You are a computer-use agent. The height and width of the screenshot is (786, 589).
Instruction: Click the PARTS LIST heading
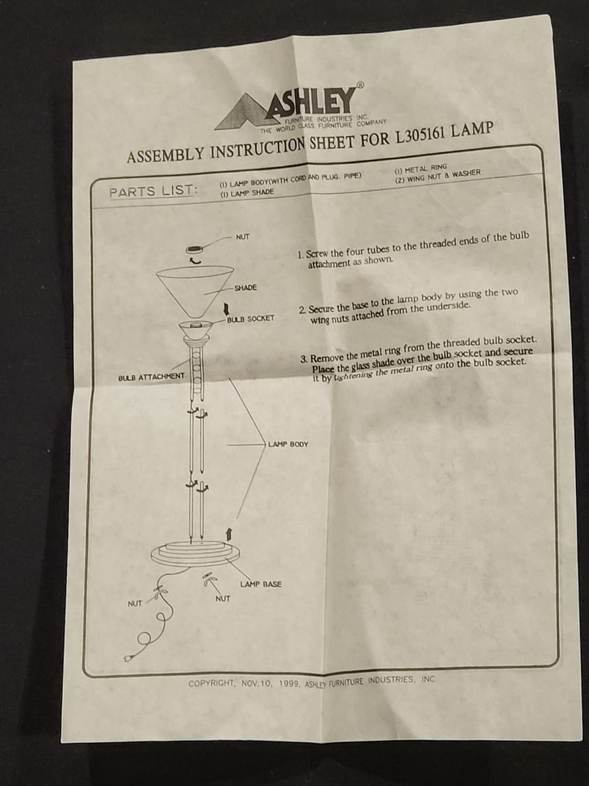click(153, 191)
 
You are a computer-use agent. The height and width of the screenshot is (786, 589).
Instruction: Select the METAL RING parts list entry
click(421, 168)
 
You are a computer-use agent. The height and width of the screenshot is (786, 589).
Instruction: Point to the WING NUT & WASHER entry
click(438, 176)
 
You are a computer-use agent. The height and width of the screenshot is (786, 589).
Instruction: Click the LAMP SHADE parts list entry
click(247, 193)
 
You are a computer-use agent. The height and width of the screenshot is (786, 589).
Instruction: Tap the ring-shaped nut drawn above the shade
click(194, 249)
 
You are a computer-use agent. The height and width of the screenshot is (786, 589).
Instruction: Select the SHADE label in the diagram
click(245, 288)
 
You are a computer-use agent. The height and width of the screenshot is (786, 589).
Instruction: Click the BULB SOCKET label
click(251, 318)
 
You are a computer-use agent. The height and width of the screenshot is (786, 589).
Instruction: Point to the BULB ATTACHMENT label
click(151, 377)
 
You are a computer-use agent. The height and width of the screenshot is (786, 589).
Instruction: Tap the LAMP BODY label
click(288, 444)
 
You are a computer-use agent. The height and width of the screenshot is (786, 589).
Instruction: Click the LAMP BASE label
click(260, 584)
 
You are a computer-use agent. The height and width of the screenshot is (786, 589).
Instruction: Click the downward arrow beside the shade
click(226, 308)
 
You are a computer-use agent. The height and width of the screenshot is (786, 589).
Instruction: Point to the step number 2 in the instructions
click(302, 310)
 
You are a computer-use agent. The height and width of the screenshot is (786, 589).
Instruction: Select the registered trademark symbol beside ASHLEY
click(361, 85)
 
